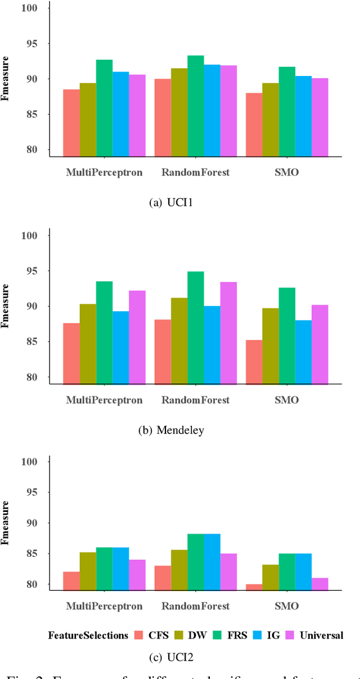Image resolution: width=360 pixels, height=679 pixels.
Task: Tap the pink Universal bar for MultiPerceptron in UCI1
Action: tap(137, 115)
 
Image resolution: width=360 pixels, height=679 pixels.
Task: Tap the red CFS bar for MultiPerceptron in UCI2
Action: tap(71, 580)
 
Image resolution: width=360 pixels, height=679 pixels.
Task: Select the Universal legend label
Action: tap(322, 635)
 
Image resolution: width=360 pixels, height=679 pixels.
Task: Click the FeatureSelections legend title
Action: tap(88, 635)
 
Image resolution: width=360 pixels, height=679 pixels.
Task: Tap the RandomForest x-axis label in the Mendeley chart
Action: tap(195, 400)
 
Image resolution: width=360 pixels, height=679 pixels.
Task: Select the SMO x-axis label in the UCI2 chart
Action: tap(287, 606)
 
